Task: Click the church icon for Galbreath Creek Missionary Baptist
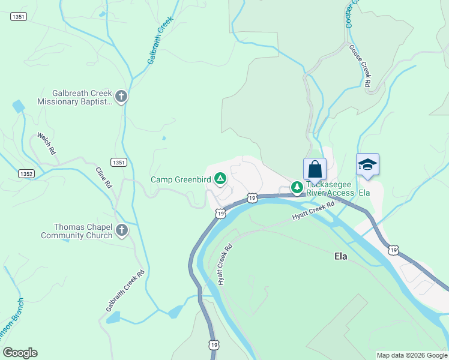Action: [x=121, y=97]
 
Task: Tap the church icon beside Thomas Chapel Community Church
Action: [x=121, y=230]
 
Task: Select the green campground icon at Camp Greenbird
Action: [x=220, y=178]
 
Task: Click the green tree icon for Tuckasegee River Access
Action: [x=297, y=188]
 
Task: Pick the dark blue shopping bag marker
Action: [x=315, y=170]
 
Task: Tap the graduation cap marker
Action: [x=367, y=165]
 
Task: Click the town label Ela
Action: [x=341, y=256]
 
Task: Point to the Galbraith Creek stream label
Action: [x=160, y=40]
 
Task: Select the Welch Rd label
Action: [x=46, y=144]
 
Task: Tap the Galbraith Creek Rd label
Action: [x=126, y=290]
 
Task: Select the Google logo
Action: [x=20, y=353]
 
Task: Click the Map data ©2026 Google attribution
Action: [x=412, y=355]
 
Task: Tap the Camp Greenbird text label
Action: [x=180, y=179]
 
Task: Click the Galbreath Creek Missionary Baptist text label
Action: [x=74, y=97]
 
